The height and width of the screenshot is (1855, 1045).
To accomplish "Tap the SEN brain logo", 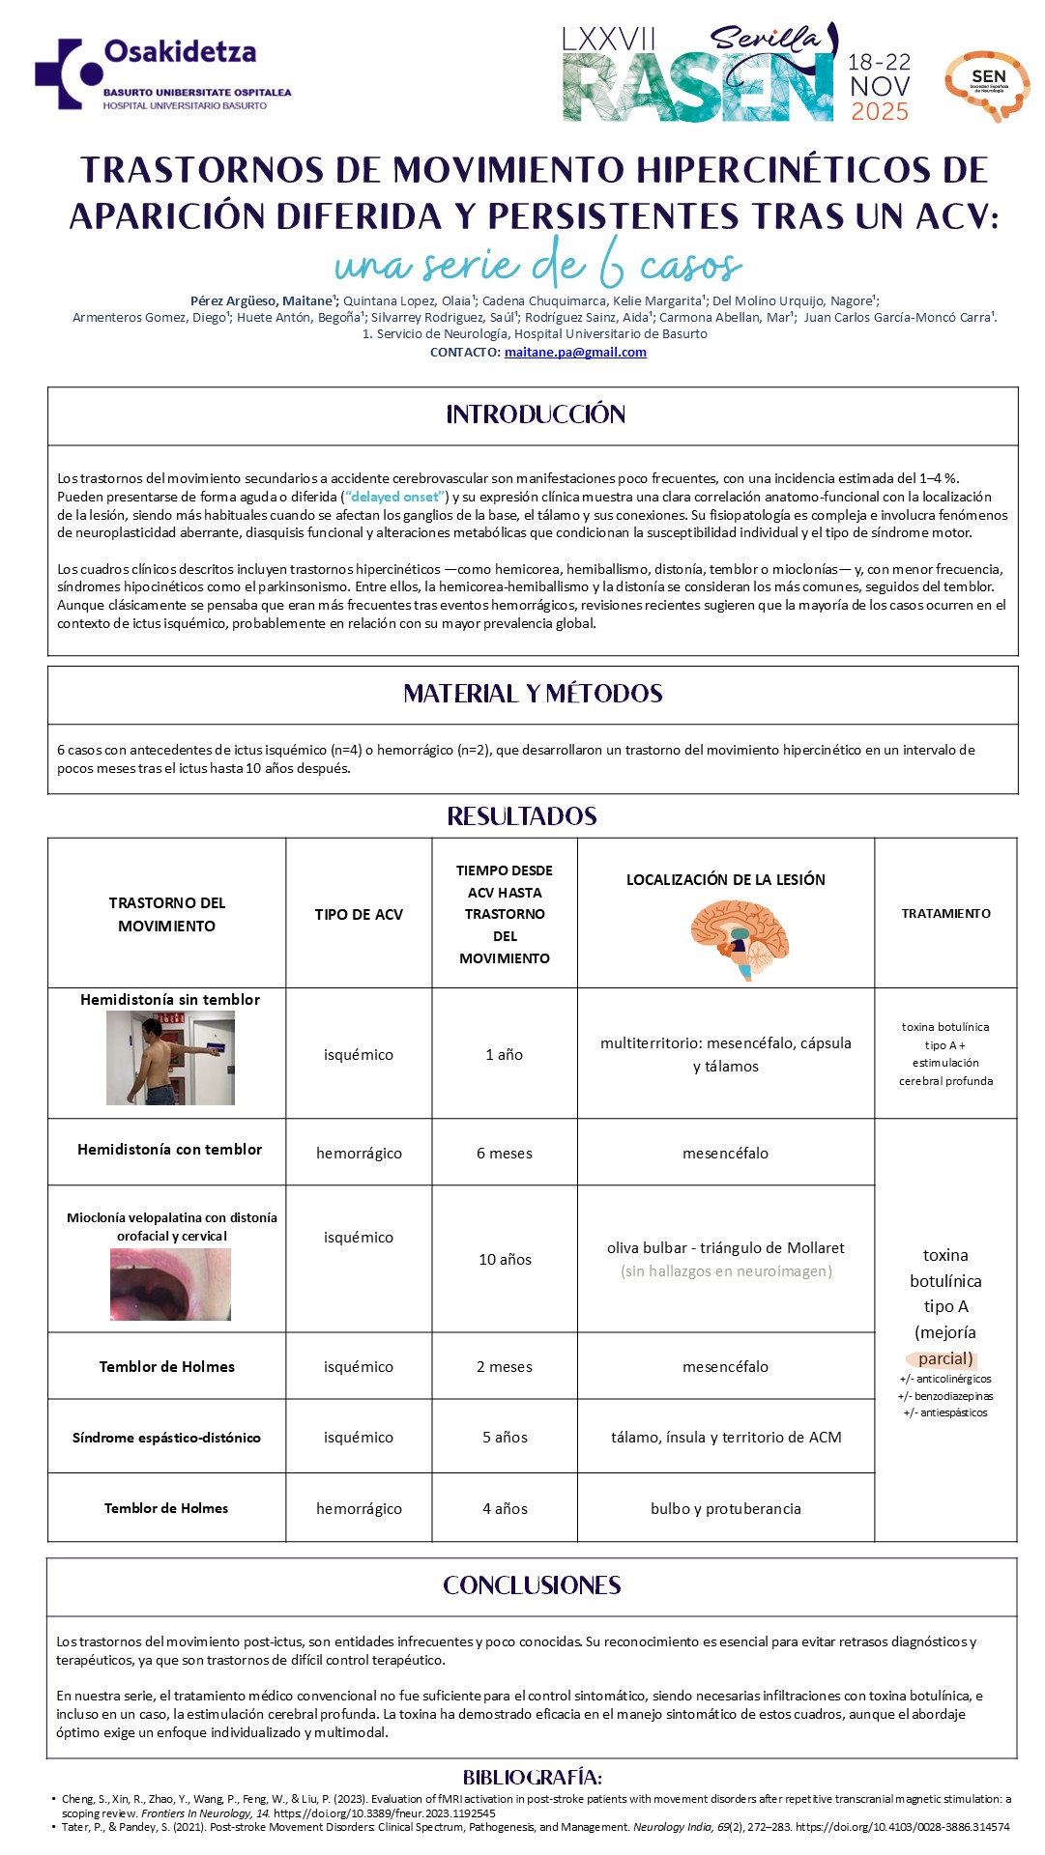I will click(x=986, y=85).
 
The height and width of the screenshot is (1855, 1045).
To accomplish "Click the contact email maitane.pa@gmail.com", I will click(x=575, y=353).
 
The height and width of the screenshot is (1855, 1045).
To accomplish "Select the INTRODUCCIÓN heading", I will click(x=536, y=415).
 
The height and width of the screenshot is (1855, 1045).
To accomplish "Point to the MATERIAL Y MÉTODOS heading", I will click(x=533, y=694).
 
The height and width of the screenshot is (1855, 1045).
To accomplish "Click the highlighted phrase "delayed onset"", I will click(x=395, y=497).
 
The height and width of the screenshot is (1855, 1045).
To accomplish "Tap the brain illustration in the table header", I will click(x=740, y=938).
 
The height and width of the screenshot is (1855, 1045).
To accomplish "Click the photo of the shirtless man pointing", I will click(x=170, y=1058).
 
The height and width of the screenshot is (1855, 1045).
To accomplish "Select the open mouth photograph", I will click(x=170, y=1284).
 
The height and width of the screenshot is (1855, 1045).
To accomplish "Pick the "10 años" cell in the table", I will click(x=505, y=1260).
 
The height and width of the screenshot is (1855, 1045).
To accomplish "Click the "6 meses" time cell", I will click(x=504, y=1154).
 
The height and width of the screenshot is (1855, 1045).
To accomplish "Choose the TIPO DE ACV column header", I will click(x=359, y=915).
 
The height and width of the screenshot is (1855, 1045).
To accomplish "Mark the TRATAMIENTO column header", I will click(x=945, y=914).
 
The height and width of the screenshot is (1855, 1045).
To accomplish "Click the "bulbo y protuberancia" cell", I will click(x=725, y=1509).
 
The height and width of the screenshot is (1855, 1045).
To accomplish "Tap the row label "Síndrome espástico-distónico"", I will click(x=166, y=1438).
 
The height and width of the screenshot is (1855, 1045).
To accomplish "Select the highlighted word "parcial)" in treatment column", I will click(x=945, y=1358).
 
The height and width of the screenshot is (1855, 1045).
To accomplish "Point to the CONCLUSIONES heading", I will click(x=532, y=1586).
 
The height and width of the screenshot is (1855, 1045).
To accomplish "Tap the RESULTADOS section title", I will click(x=522, y=817).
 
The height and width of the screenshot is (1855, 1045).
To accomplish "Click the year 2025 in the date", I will click(x=880, y=112).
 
